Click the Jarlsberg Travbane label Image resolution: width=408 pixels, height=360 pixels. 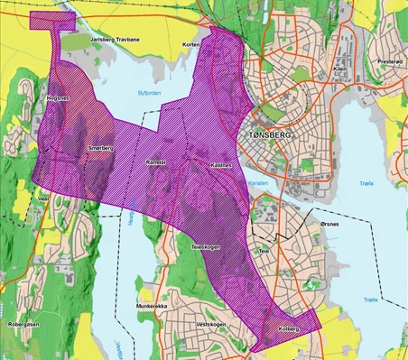click(x=117, y=40)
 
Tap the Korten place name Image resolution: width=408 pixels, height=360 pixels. click(x=190, y=44)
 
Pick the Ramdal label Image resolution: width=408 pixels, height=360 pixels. click(x=155, y=162)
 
